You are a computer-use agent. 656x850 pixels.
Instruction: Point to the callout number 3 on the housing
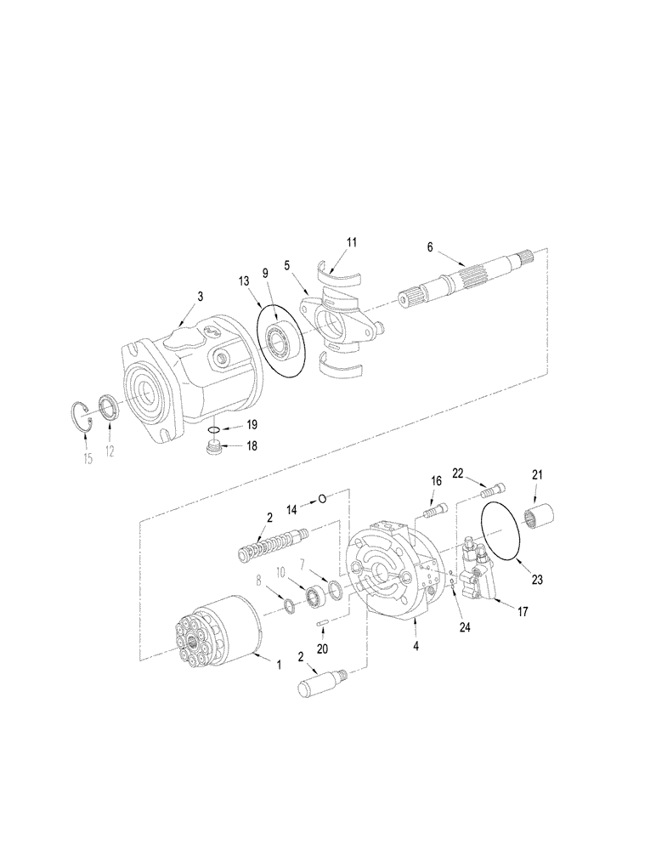pyautogui.click(x=201, y=297)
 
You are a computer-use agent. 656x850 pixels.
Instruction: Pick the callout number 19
pyautogui.click(x=252, y=424)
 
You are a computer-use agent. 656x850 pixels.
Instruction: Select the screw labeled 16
pyautogui.click(x=434, y=512)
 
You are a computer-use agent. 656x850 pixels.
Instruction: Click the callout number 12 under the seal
pyautogui.click(x=110, y=451)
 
